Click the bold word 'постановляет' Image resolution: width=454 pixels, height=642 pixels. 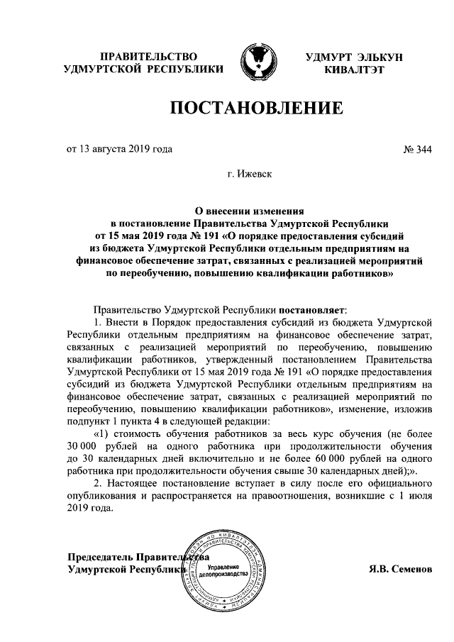[x=311, y=310]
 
